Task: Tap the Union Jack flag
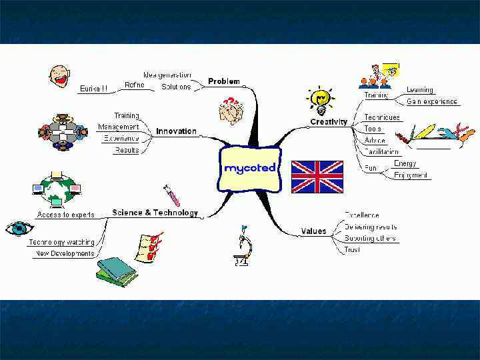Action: [x=317, y=177]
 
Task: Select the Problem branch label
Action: [x=223, y=81]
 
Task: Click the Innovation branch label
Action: [x=176, y=131]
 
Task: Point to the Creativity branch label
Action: [x=329, y=122]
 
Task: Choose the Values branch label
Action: [x=313, y=231]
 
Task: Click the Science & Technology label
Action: [x=155, y=213]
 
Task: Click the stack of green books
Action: [x=116, y=271]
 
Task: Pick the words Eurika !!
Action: [x=94, y=88]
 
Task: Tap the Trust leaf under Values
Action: [x=351, y=250]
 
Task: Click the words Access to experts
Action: [x=65, y=215]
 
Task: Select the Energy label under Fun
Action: [x=405, y=163]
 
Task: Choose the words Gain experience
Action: [x=432, y=101]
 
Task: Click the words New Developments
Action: [x=65, y=253]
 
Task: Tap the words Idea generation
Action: [x=167, y=75]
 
